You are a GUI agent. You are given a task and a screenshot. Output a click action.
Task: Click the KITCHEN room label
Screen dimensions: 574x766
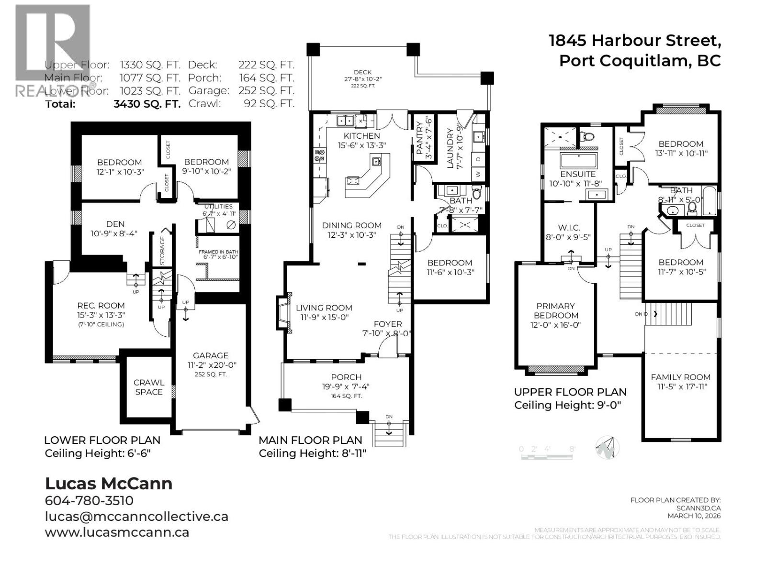tap(361, 136)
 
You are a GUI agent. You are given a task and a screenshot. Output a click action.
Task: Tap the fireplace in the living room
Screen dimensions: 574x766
tap(282, 312)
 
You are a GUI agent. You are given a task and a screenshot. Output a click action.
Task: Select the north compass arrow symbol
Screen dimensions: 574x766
tap(607, 448)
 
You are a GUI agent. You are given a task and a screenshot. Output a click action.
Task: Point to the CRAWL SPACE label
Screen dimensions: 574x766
tap(148, 387)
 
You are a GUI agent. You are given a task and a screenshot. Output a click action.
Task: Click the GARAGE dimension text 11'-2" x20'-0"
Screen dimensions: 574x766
tap(211, 365)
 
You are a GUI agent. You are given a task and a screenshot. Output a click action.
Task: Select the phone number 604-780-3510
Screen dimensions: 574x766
tap(89, 501)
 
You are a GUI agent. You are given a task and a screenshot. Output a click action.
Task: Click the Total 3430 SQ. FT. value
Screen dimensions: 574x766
tap(147, 104)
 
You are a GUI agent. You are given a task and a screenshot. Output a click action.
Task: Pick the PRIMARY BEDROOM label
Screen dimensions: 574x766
tap(556, 310)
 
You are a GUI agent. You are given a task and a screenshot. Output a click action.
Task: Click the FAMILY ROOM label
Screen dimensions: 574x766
tap(680, 377)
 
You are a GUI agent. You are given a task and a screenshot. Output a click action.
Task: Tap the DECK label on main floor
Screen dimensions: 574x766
tap(362, 72)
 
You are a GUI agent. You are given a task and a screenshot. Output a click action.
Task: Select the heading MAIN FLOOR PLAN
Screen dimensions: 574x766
tap(310, 440)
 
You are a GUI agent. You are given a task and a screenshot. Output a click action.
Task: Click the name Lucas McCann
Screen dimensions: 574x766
tap(109, 483)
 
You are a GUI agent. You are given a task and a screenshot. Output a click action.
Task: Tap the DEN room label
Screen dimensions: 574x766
tap(115, 224)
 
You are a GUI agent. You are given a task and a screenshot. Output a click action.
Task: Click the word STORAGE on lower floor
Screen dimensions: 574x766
tap(162, 251)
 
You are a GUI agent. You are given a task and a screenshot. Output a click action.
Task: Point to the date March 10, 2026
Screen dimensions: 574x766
tap(694, 516)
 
